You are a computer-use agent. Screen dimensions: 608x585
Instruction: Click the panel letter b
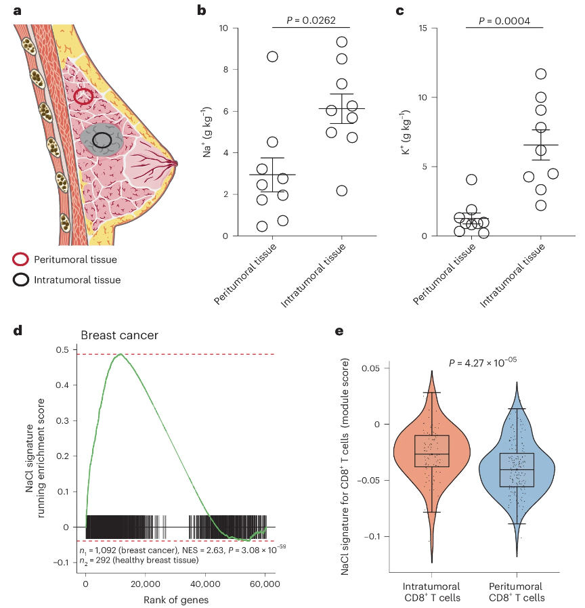coord(201,10)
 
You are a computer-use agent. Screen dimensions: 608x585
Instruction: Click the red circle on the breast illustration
coord(83,96)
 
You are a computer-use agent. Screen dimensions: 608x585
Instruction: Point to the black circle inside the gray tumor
coord(102,140)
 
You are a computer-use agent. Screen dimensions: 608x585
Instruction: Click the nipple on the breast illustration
coord(175,163)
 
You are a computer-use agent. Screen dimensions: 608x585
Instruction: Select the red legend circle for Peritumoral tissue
coord(21,259)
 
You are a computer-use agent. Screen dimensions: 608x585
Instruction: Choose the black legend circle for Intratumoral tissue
coord(21,280)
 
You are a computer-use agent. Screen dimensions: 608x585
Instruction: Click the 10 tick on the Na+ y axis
coord(223,28)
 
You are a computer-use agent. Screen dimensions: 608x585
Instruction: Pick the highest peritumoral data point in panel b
coord(272,57)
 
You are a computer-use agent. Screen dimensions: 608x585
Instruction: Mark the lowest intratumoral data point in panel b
coord(342,191)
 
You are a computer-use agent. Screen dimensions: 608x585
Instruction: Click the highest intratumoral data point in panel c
coord(540,74)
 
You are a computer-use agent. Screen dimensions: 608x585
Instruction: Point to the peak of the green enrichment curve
coord(121,353)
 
